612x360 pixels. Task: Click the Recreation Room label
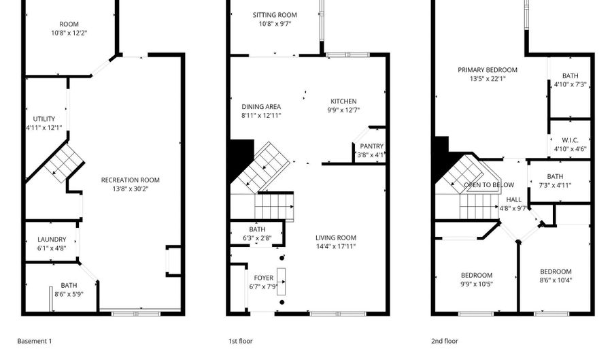coord(131,180)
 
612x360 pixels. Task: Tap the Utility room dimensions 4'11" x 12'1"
coord(44,127)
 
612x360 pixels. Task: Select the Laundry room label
coord(52,239)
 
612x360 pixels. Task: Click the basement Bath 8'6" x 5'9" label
coord(69,286)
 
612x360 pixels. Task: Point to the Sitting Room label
coord(275,15)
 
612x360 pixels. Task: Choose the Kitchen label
coord(343,101)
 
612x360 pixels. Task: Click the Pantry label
coord(371,146)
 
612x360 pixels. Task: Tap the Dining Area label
coord(261,107)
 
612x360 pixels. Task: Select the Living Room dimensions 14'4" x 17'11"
coord(335,246)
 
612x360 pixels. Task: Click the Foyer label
coord(263,278)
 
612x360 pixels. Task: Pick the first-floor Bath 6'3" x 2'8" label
coord(257,229)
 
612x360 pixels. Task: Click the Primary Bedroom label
coord(487,69)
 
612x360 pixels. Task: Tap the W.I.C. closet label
coord(570,140)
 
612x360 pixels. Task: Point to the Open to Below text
coord(489,184)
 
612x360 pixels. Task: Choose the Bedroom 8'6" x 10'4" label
coord(556,272)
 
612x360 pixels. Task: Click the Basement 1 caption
coord(35,341)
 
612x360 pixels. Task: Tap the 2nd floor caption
coord(445,341)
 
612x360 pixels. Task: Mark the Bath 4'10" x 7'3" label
coord(570,76)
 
